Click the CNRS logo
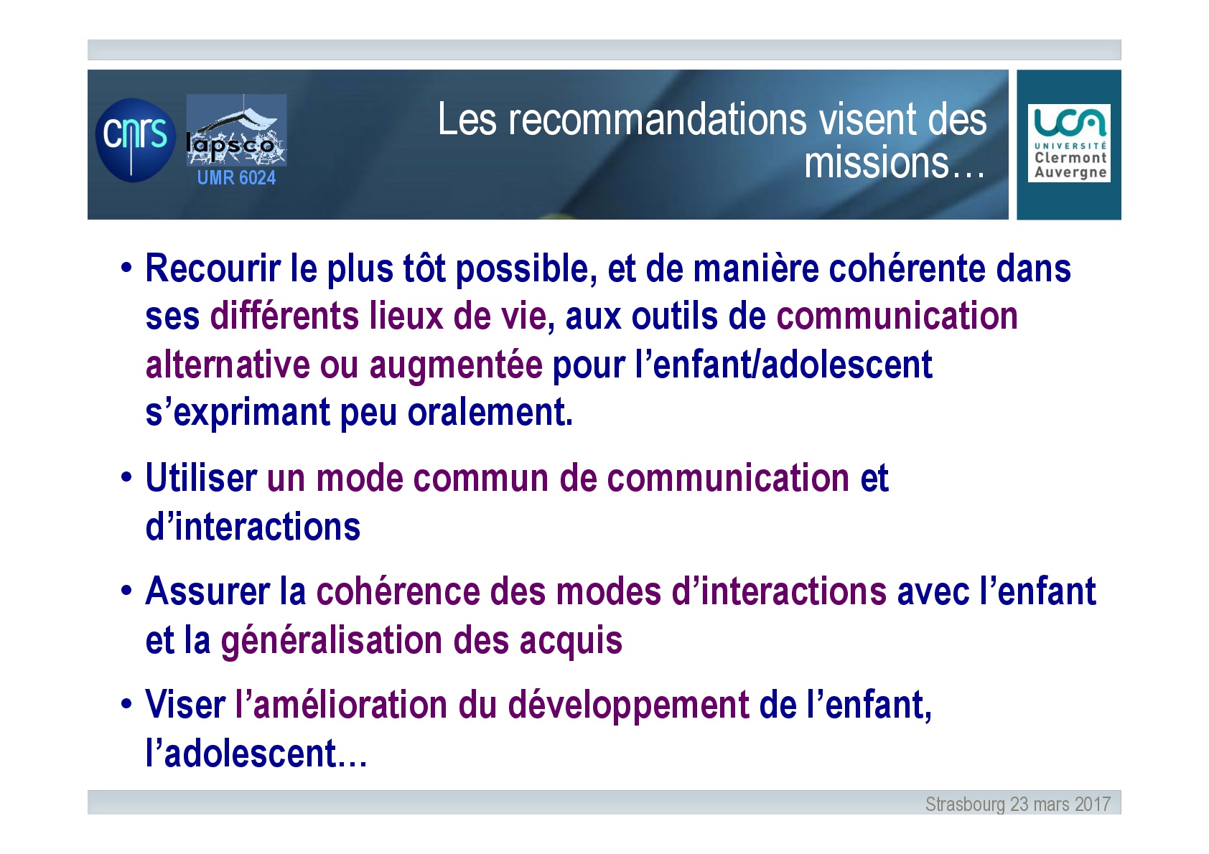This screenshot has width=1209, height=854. [x=135, y=140]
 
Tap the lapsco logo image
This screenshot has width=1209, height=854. [x=236, y=130]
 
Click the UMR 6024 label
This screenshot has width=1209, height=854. [x=236, y=177]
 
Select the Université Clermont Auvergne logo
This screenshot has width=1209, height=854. [x=1069, y=143]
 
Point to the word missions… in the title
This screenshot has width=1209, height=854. [x=895, y=163]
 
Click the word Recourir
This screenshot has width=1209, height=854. [x=213, y=268]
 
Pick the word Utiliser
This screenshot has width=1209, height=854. [x=201, y=478]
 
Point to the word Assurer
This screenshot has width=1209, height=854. [x=207, y=591]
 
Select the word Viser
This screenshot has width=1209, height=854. [x=185, y=705]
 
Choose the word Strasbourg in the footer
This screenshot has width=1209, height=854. [x=965, y=804]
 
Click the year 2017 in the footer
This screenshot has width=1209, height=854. [x=1093, y=804]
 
